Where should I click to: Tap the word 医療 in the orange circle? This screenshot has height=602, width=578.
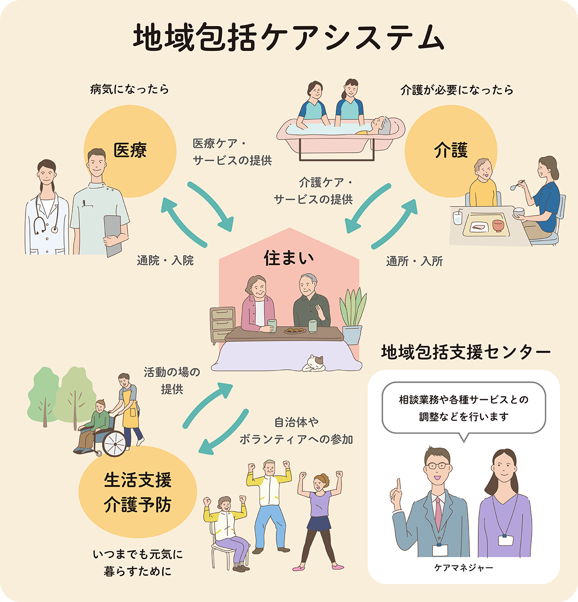pos(130,150)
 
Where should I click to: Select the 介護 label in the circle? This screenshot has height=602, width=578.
pos(451,150)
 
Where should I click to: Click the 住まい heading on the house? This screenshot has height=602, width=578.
pos(289,258)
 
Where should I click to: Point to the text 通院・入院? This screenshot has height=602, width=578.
pos(165,261)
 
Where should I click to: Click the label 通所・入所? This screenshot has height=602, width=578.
pos(414,261)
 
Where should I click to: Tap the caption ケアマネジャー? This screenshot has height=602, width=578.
pos(463,568)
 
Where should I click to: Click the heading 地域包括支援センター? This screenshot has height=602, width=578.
pos(465,352)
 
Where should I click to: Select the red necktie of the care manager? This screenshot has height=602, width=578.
pos(438,513)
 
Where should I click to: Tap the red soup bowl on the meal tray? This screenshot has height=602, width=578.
pos(498,225)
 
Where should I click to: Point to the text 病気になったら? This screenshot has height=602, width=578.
pos(130,90)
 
